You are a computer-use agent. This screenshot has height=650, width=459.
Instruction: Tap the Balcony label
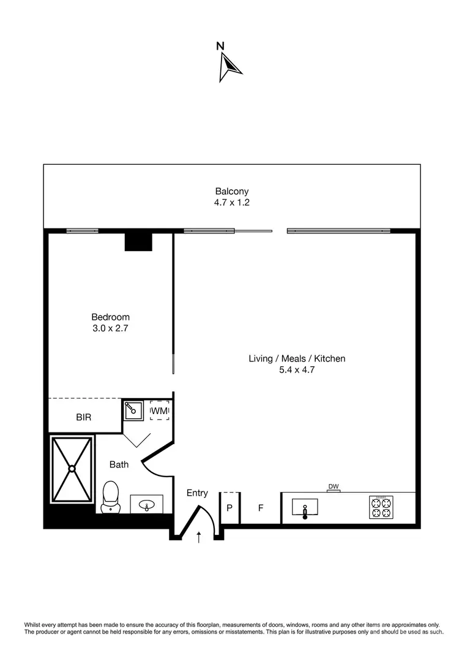[x=232, y=191]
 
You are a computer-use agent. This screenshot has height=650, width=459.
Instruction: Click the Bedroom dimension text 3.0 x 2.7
[x=110, y=328]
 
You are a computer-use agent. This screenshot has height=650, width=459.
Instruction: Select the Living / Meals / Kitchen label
[x=297, y=358]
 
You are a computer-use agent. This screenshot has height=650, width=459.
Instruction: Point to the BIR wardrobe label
[x=84, y=417]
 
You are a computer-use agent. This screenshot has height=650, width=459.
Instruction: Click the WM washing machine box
[x=159, y=410]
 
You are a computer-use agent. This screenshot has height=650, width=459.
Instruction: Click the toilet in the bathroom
[x=111, y=496]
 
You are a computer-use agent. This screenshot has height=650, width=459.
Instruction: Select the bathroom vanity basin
[x=147, y=505]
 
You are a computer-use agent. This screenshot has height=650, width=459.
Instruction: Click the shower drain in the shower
[x=72, y=469]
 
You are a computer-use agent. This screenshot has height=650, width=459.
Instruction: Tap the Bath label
[x=119, y=464]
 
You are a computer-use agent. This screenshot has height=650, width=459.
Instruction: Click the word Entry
[x=197, y=493]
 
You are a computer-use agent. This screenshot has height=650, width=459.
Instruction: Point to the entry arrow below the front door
[x=198, y=537]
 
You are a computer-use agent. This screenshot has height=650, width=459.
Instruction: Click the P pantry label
[x=229, y=508]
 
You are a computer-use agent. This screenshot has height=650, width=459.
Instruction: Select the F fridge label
[x=260, y=508]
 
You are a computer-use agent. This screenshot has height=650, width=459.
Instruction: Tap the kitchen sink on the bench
[x=305, y=508]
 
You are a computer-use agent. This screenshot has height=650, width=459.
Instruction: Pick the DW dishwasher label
[x=334, y=487]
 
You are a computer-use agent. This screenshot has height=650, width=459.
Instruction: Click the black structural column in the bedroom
[x=138, y=241]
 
